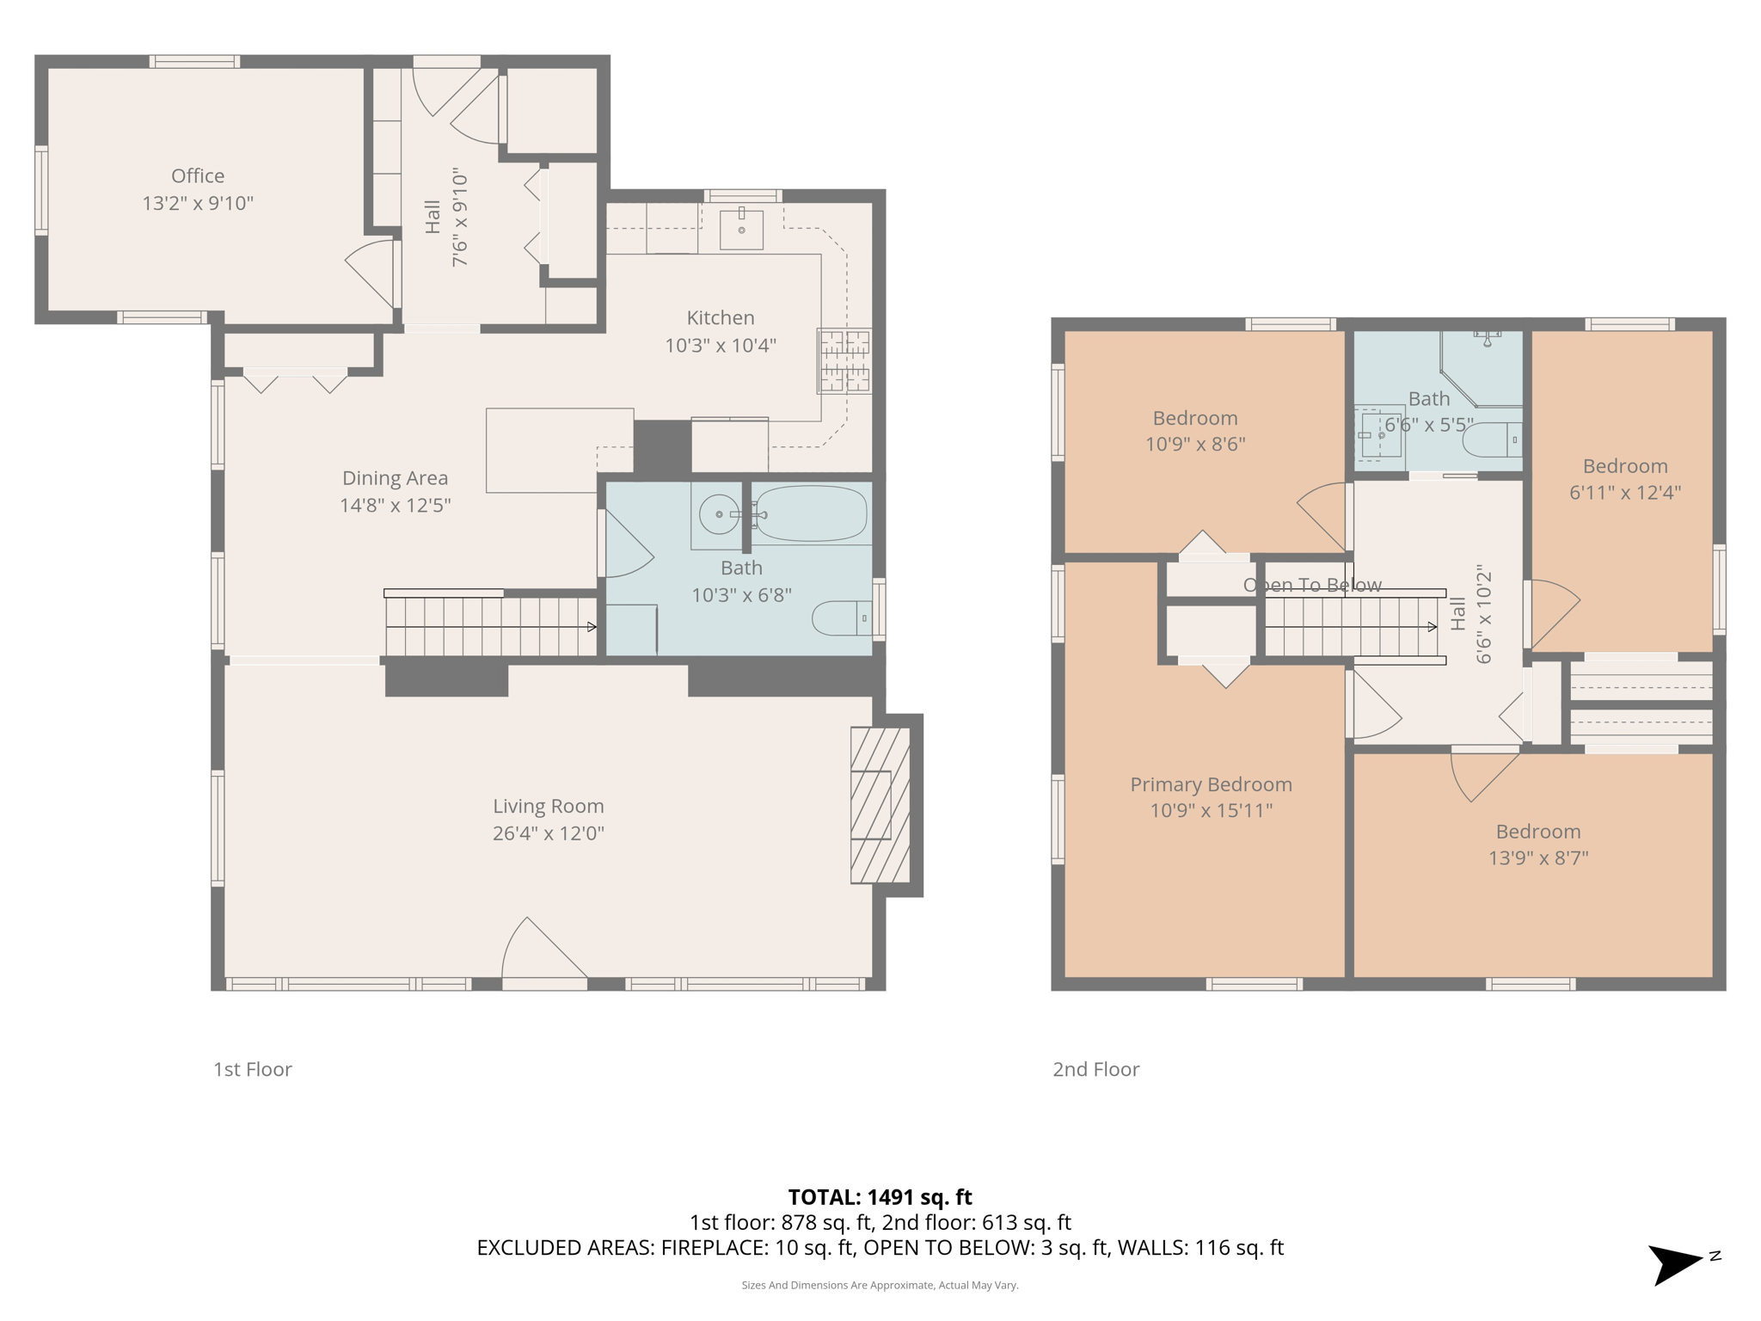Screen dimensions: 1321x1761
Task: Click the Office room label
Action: click(x=198, y=175)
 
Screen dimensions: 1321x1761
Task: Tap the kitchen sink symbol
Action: click(x=741, y=228)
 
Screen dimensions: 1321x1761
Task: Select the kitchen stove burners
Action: click(x=844, y=360)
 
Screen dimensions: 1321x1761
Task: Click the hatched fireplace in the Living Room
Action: click(x=880, y=805)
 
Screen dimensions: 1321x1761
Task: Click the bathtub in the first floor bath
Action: click(x=810, y=513)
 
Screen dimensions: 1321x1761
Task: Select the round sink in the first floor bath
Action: click(x=719, y=514)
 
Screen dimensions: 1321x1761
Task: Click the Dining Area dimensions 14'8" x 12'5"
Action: click(x=395, y=505)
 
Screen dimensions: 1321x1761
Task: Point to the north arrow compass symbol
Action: click(x=1677, y=1263)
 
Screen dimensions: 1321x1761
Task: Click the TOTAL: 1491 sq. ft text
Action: click(x=880, y=1196)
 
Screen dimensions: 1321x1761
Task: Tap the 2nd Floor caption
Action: click(x=1095, y=1069)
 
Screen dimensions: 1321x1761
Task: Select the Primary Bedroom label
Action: click(x=1211, y=784)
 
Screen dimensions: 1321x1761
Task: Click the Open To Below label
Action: click(x=1312, y=585)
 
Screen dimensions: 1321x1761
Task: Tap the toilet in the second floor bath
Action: click(x=1492, y=439)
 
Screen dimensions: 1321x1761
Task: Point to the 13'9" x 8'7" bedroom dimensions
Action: click(x=1538, y=857)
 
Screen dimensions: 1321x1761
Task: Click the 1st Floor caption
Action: click(x=253, y=1069)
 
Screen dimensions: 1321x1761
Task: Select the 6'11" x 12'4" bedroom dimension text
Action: click(x=1625, y=492)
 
